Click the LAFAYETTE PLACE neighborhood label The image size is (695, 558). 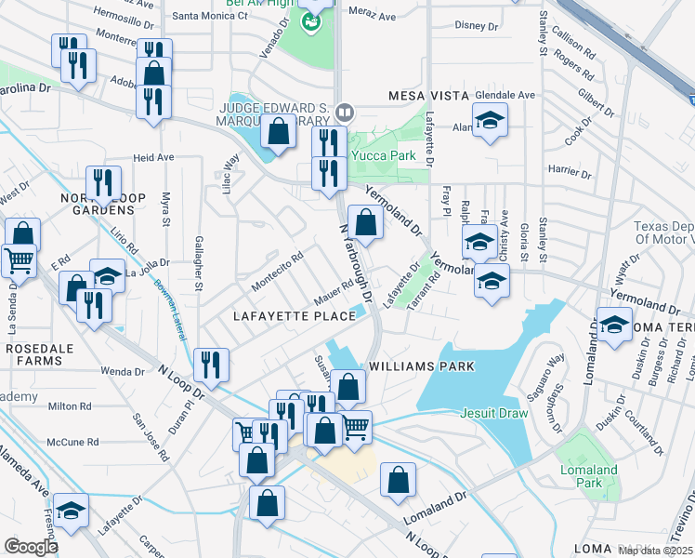pos(294,316)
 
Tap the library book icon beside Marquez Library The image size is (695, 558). pos(345,113)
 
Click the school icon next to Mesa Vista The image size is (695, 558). pos(490,120)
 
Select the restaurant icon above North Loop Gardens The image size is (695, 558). pos(102,182)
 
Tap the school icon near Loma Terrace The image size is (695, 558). pos(614,325)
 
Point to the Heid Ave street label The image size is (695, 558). pos(153,157)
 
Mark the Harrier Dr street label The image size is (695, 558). pos(570,169)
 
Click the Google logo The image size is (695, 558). pos(31,546)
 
